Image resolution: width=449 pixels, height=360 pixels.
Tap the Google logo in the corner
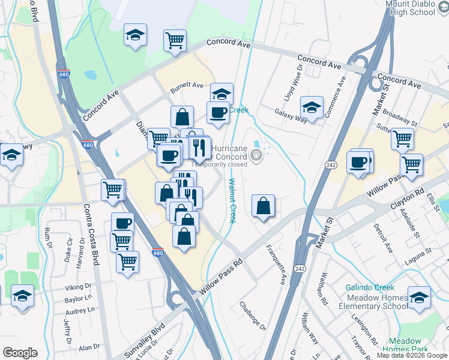click(20, 353)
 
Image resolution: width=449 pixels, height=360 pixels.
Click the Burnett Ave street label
click(187, 86)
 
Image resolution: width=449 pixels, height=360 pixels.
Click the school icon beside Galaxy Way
click(312, 107)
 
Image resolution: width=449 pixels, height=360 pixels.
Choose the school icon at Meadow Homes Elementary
click(419, 297)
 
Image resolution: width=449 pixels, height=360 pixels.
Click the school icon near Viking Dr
click(22, 296)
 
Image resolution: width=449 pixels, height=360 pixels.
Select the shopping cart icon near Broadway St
click(402, 139)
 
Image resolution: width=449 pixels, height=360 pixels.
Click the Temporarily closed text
click(219, 164)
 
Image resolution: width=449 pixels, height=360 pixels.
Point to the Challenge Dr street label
click(252, 316)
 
